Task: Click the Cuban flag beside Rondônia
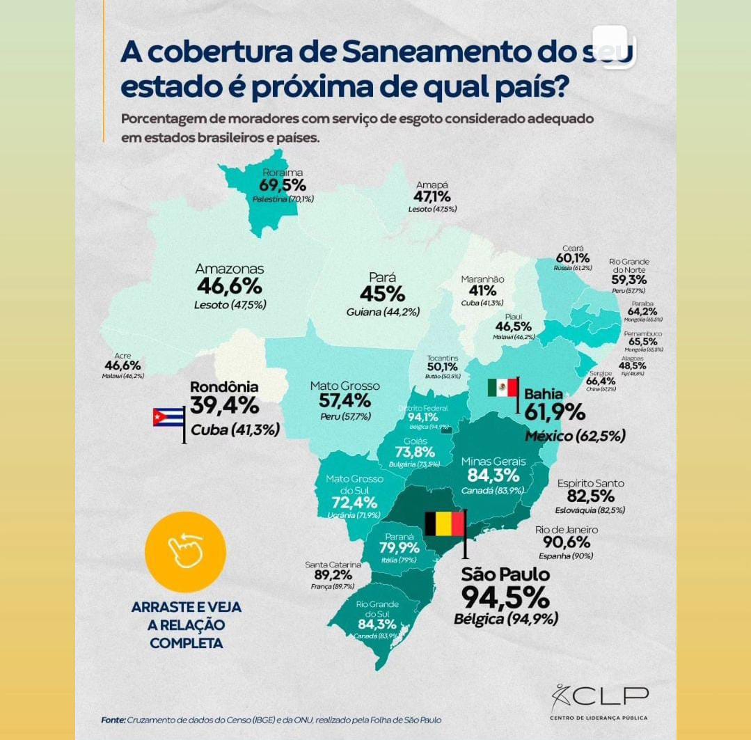tap(168, 417)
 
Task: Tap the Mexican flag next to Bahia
tap(503, 388)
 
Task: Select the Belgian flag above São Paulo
tap(444, 523)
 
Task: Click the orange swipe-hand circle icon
tap(185, 552)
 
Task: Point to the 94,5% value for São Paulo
tap(505, 597)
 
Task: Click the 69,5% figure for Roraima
tap(283, 185)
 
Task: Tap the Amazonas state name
tap(229, 269)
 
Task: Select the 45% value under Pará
tap(382, 294)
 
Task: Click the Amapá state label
tap(432, 184)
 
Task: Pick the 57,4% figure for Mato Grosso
tap(345, 400)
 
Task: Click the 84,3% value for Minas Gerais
tap(493, 475)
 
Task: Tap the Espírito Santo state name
tap(590, 483)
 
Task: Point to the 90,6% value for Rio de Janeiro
tap(567, 542)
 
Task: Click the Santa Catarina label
tap(333, 565)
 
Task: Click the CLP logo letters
tap(609, 696)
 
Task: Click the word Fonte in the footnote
tap(113, 720)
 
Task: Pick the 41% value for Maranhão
tap(482, 291)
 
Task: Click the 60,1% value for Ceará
tap(573, 258)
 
